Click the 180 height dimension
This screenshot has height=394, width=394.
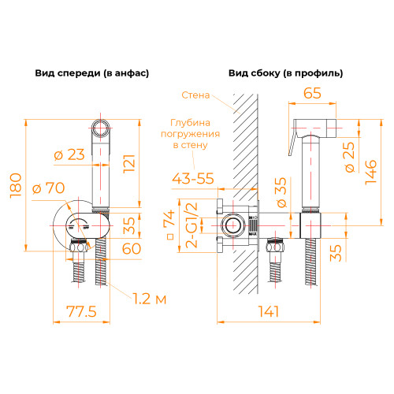(16, 185)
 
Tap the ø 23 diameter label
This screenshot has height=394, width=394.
(69, 154)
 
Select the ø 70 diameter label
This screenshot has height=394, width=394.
(49, 188)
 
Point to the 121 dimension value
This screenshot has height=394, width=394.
(129, 163)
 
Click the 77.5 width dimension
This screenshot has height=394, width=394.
(81, 311)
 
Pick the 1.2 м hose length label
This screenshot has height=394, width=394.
(150, 299)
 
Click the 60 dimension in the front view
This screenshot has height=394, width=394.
(132, 248)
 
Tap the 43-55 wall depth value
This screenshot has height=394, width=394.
(193, 179)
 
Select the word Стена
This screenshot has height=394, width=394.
(195, 95)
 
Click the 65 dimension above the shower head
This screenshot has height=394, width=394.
(312, 93)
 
